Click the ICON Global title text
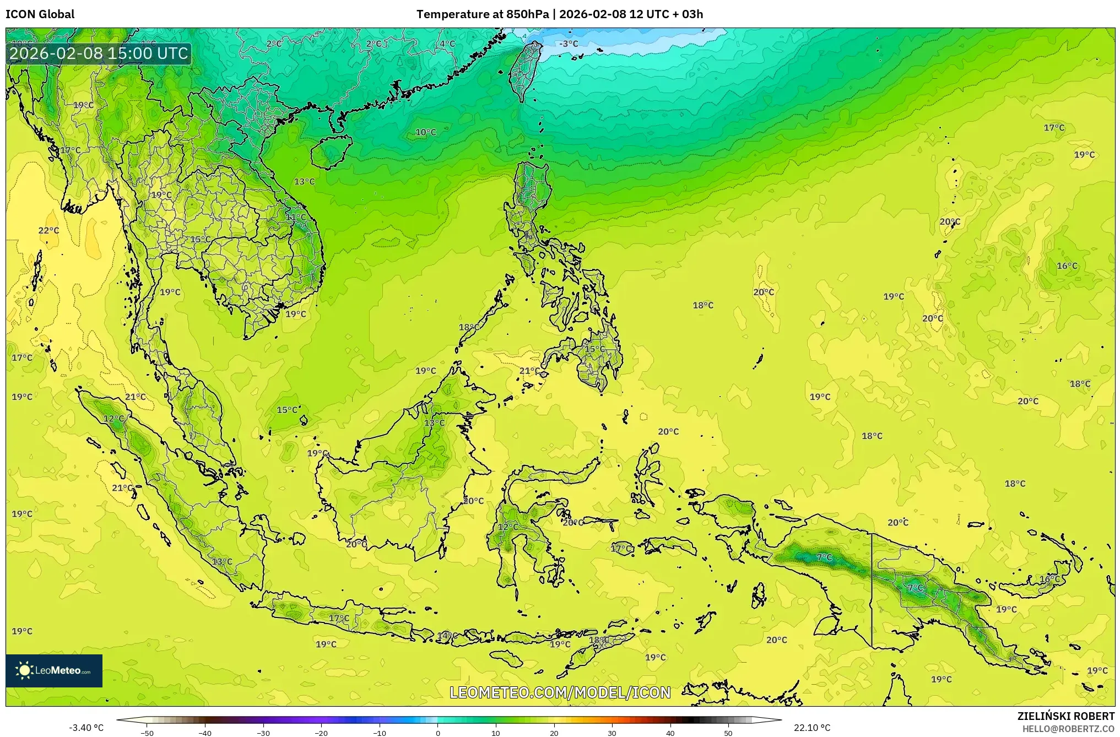coord(40,14)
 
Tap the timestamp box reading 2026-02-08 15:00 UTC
coord(99,53)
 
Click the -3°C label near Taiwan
coord(569,44)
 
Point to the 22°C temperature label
coord(48,230)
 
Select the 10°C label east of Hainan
coord(425,132)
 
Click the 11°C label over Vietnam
coord(296,217)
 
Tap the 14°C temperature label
coord(447,636)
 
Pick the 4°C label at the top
coord(447,44)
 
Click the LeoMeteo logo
coord(54,670)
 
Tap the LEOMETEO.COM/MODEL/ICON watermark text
coord(560,692)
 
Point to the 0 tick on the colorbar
coord(438,733)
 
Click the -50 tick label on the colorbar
coord(147,733)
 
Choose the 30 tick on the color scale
coord(612,733)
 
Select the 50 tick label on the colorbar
coord(728,733)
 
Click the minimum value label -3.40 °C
coord(86,728)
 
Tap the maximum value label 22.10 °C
coord(812,728)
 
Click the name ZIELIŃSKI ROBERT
coord(1065,716)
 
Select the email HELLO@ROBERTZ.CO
coord(1068,729)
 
